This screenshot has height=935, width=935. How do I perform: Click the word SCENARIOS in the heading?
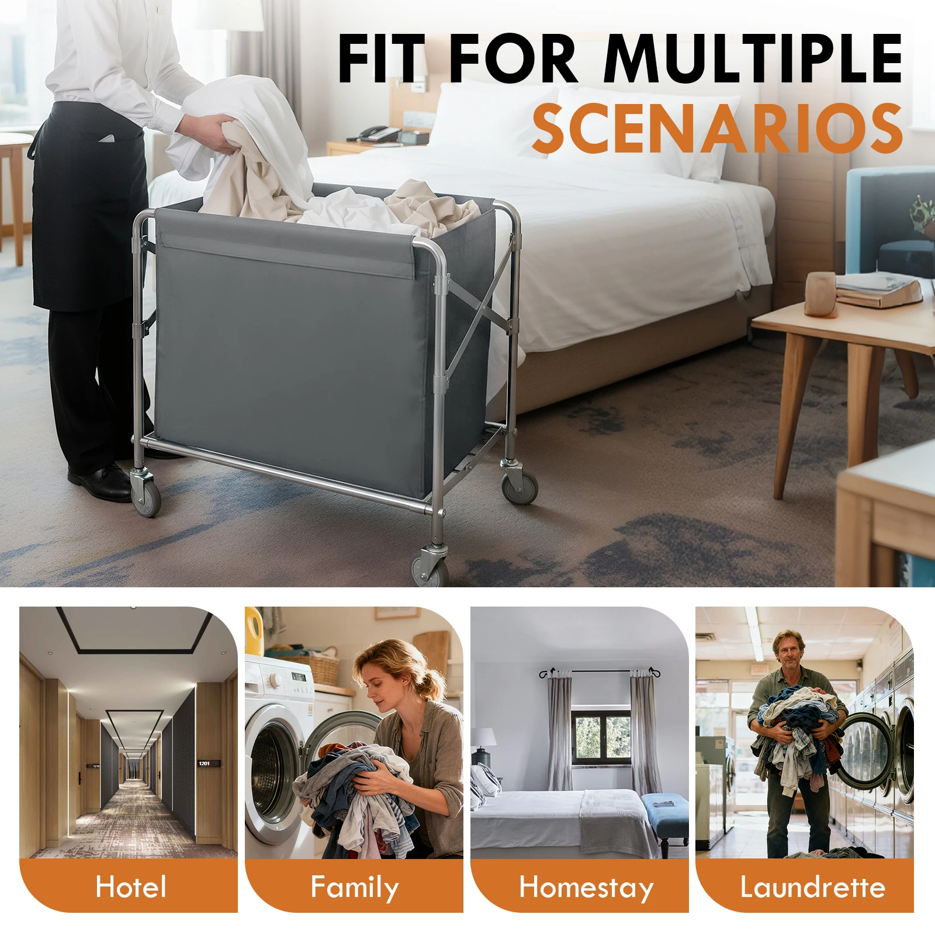718,129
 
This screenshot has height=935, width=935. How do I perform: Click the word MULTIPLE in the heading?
754,58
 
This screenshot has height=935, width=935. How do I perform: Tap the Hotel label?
131,886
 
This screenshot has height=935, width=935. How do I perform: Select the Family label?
354,887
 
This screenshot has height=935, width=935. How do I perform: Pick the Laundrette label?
812,887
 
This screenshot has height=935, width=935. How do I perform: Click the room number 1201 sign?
204,763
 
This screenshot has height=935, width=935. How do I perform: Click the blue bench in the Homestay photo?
666,809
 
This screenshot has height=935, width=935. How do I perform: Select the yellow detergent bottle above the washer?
254,631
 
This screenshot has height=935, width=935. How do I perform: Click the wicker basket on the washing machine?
316,666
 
